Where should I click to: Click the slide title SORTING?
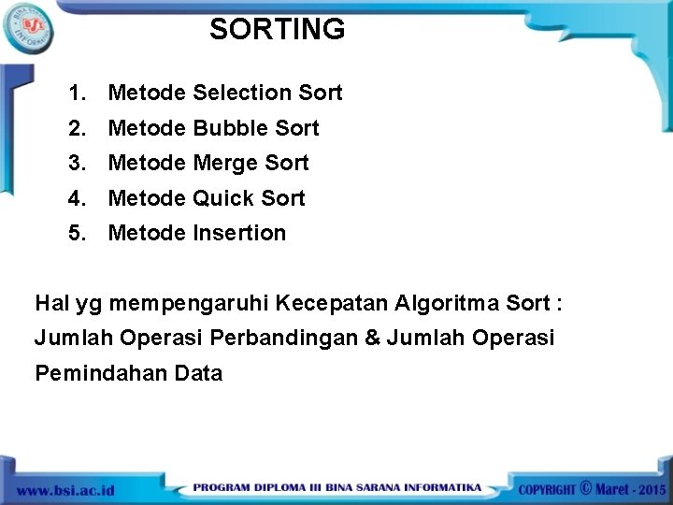click(x=277, y=30)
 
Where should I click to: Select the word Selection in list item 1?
click(x=242, y=93)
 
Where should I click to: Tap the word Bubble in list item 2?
click(x=231, y=128)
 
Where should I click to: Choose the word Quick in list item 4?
click(x=224, y=198)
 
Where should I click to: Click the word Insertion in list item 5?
click(x=239, y=233)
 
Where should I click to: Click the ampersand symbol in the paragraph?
click(x=373, y=338)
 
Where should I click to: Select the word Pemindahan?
click(x=101, y=373)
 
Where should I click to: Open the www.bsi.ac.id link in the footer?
click(x=65, y=489)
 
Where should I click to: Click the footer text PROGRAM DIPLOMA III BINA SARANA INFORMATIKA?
click(x=337, y=488)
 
